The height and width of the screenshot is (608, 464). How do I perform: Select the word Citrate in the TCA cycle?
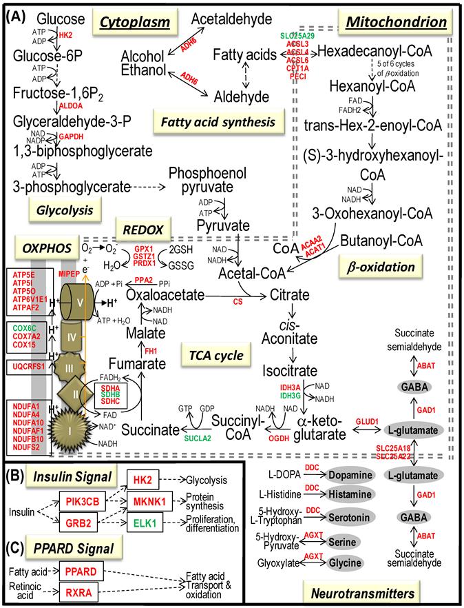click(288, 295)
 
